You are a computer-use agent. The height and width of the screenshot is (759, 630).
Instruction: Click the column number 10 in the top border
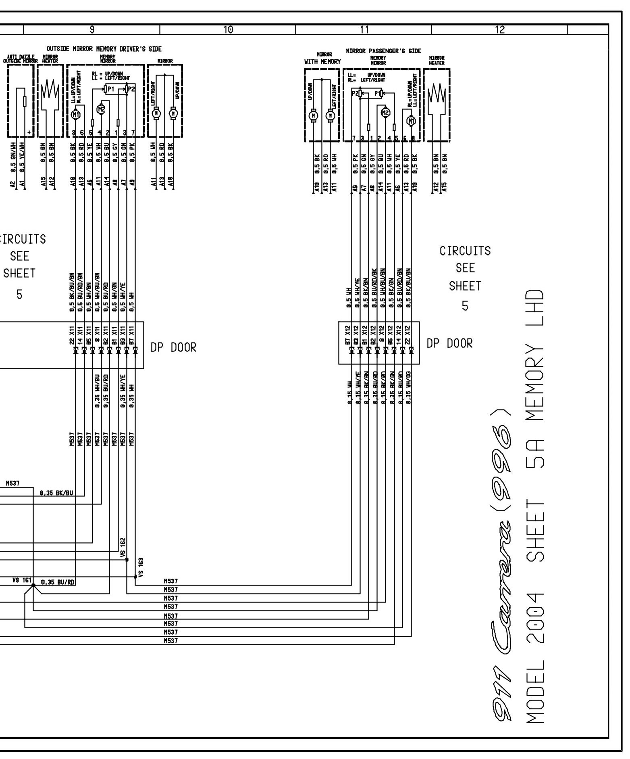pos(228,29)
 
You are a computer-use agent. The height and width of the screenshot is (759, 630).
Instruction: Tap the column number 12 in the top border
pos(499,29)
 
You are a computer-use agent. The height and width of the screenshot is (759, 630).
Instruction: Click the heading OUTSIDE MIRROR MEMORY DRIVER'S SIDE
pos(104,49)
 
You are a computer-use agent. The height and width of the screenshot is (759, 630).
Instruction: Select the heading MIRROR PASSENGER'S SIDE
pos(383,51)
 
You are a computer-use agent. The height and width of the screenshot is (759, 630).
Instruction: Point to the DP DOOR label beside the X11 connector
pos(173,347)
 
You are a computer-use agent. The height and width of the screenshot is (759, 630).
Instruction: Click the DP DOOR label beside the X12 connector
pos(449,343)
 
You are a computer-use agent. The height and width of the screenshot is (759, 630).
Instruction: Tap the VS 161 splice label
pos(22,580)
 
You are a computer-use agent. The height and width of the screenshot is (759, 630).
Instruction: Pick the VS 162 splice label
pos(123,547)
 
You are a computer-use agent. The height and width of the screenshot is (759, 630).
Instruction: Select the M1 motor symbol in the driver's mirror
pos(75,115)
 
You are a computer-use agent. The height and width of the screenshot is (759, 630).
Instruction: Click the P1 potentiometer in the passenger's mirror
pos(378,94)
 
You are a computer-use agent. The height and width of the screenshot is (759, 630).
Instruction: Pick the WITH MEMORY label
pos(322,62)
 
